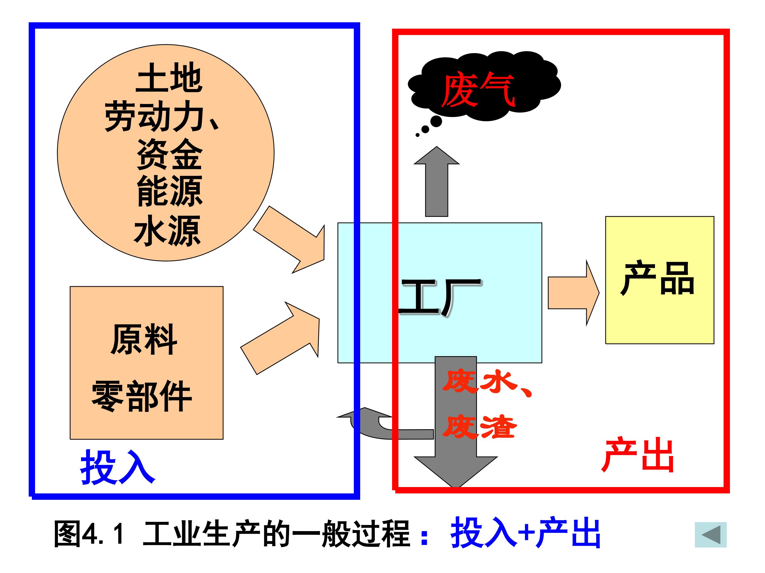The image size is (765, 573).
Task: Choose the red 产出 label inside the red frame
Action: [638, 455]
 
